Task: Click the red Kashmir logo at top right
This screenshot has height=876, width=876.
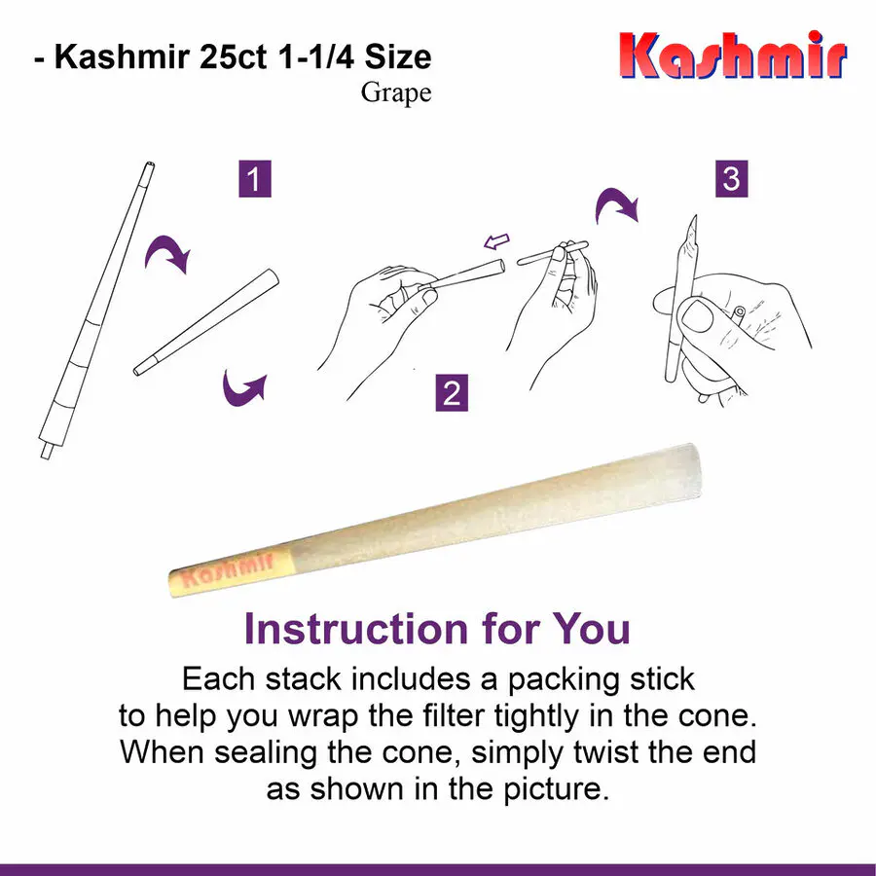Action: tap(733, 55)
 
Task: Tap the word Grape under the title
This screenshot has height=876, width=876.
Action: tap(395, 93)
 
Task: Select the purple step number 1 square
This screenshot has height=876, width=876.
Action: tap(255, 179)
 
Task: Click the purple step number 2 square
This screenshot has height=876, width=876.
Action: tap(452, 393)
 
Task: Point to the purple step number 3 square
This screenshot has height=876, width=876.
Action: tap(731, 179)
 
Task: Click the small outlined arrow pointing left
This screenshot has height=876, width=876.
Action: tap(496, 241)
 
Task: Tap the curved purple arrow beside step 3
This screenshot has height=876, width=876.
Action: tap(616, 204)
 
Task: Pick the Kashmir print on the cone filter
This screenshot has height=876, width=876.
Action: tap(228, 569)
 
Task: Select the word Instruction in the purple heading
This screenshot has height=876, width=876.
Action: tap(356, 629)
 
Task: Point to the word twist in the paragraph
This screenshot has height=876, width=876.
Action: tap(606, 752)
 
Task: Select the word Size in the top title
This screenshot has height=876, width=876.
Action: tap(398, 56)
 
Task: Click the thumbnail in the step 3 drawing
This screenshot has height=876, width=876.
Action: tap(696, 315)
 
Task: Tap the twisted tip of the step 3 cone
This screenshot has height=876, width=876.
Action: tap(694, 216)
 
